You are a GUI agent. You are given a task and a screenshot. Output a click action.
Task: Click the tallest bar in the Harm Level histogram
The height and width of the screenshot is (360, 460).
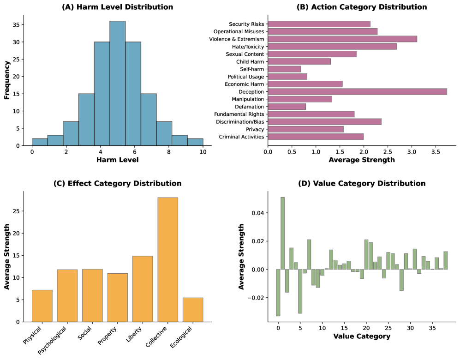click(117, 83)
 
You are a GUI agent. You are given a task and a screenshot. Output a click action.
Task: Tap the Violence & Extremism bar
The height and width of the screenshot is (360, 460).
click(342, 39)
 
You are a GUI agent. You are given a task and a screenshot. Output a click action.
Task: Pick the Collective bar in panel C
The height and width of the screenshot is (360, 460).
click(167, 259)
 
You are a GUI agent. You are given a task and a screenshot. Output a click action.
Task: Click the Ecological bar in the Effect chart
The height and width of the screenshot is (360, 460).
click(193, 310)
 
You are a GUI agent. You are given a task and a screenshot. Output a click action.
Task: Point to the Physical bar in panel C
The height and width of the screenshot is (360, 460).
click(42, 306)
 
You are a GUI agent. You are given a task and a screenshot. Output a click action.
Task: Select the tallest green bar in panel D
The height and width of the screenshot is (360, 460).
click(282, 233)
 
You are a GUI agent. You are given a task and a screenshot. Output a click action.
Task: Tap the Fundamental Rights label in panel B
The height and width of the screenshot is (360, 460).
click(238, 114)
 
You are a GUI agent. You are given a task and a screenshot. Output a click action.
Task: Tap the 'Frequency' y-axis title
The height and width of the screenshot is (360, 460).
click(7, 81)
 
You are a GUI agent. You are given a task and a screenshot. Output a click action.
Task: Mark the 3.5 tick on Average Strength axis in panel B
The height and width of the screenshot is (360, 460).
click(435, 151)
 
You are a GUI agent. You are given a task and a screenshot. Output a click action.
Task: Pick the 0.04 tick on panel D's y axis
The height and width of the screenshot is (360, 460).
click(258, 213)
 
